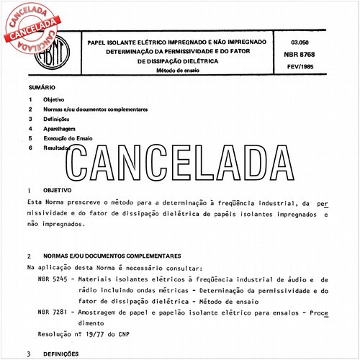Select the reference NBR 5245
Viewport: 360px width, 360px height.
coord(52,278)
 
